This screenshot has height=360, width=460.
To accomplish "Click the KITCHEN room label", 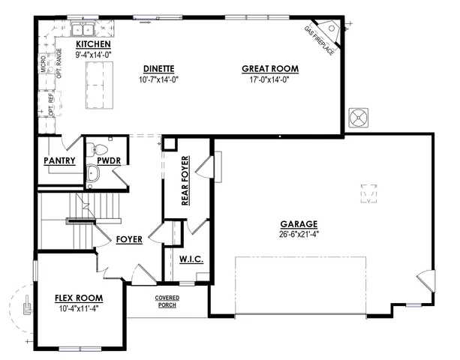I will tap(93, 45).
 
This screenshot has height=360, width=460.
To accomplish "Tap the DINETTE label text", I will tap(158, 68).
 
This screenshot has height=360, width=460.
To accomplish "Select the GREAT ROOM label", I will tap(269, 68).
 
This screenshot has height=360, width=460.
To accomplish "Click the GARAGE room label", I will tap(299, 223).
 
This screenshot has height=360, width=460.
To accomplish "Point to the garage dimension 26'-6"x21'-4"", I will tap(299, 232).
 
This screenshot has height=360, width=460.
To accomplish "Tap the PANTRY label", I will tap(59, 160).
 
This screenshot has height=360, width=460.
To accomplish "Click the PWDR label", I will tap(109, 160).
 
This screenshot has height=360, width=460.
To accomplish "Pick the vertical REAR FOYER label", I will tap(185, 180).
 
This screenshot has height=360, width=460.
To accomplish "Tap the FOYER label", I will tap(129, 240).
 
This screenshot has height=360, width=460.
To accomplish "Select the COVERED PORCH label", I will tap(167, 301).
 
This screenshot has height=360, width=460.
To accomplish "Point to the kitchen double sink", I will tap(82, 30).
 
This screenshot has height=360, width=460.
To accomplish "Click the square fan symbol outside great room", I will tap(359, 118).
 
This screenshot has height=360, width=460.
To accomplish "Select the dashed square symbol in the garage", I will tap(368, 193).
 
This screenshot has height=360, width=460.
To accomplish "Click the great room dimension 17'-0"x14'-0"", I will tap(269, 78).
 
